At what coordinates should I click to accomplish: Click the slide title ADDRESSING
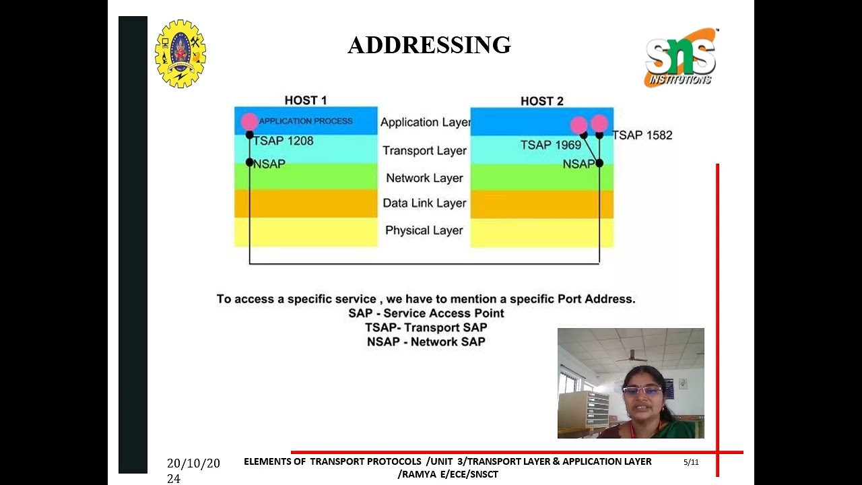click(x=429, y=45)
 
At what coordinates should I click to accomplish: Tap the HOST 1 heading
click(x=305, y=100)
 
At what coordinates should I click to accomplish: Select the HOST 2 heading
click(x=541, y=101)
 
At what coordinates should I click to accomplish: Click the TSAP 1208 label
click(x=283, y=141)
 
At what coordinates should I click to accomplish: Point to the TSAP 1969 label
click(x=550, y=145)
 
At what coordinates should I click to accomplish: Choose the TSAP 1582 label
click(x=642, y=135)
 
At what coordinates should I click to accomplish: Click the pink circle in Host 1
click(x=249, y=121)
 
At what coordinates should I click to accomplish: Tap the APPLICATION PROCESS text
click(x=306, y=121)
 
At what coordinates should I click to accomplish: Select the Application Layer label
click(x=425, y=123)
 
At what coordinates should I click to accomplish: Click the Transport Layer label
click(x=424, y=151)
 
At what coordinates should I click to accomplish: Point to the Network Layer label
click(x=424, y=179)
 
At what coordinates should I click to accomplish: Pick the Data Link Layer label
click(x=424, y=203)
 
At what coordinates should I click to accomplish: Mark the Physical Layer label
click(x=424, y=230)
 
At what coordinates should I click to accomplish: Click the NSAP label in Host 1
click(x=269, y=164)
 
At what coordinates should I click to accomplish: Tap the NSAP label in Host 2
click(x=578, y=164)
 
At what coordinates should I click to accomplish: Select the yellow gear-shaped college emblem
click(x=180, y=54)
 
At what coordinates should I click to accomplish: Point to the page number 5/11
click(x=691, y=462)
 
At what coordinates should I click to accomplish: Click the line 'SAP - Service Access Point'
click(x=426, y=313)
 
